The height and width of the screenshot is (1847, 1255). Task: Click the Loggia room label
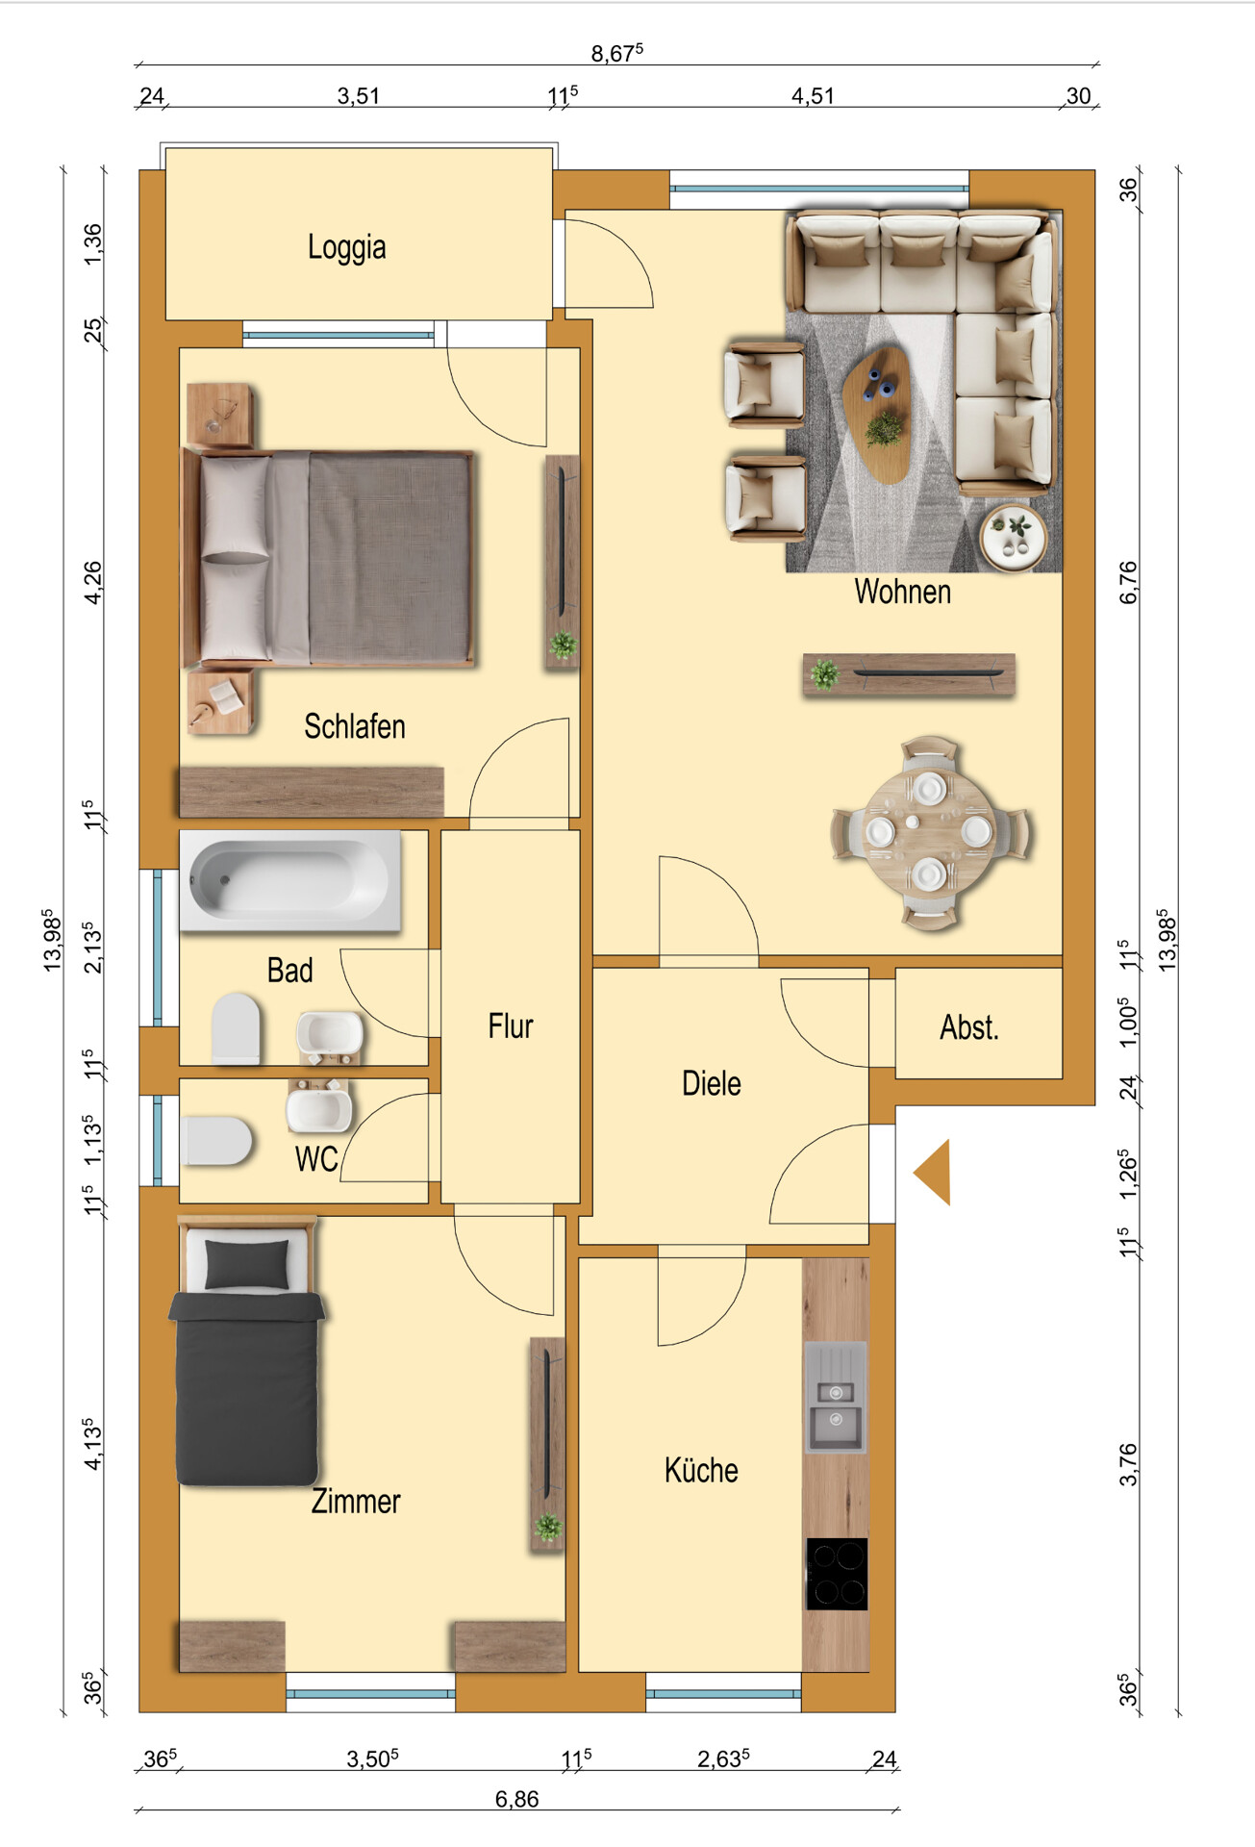[347, 247]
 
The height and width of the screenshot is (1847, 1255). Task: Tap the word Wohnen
[903, 592]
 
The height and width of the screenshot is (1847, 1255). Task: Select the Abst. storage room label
[969, 1027]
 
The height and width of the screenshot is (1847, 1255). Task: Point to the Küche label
[701, 1470]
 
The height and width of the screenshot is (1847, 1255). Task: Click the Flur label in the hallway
[511, 1026]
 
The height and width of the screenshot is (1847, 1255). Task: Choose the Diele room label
[712, 1083]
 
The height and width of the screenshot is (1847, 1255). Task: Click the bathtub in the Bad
[290, 881]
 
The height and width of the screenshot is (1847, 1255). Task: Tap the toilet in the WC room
[216, 1141]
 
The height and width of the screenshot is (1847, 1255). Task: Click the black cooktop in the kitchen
[837, 1574]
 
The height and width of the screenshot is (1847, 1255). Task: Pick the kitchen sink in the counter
[836, 1398]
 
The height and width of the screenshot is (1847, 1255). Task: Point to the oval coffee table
[877, 415]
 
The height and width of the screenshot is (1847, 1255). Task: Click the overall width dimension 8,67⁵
[617, 53]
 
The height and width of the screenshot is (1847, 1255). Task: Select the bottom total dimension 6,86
[516, 1799]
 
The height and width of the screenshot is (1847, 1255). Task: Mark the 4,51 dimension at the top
[813, 96]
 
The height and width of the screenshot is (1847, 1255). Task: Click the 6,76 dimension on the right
[1128, 583]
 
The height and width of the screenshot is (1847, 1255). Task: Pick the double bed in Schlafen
[329, 558]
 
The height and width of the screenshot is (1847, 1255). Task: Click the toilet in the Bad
[236, 1028]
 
